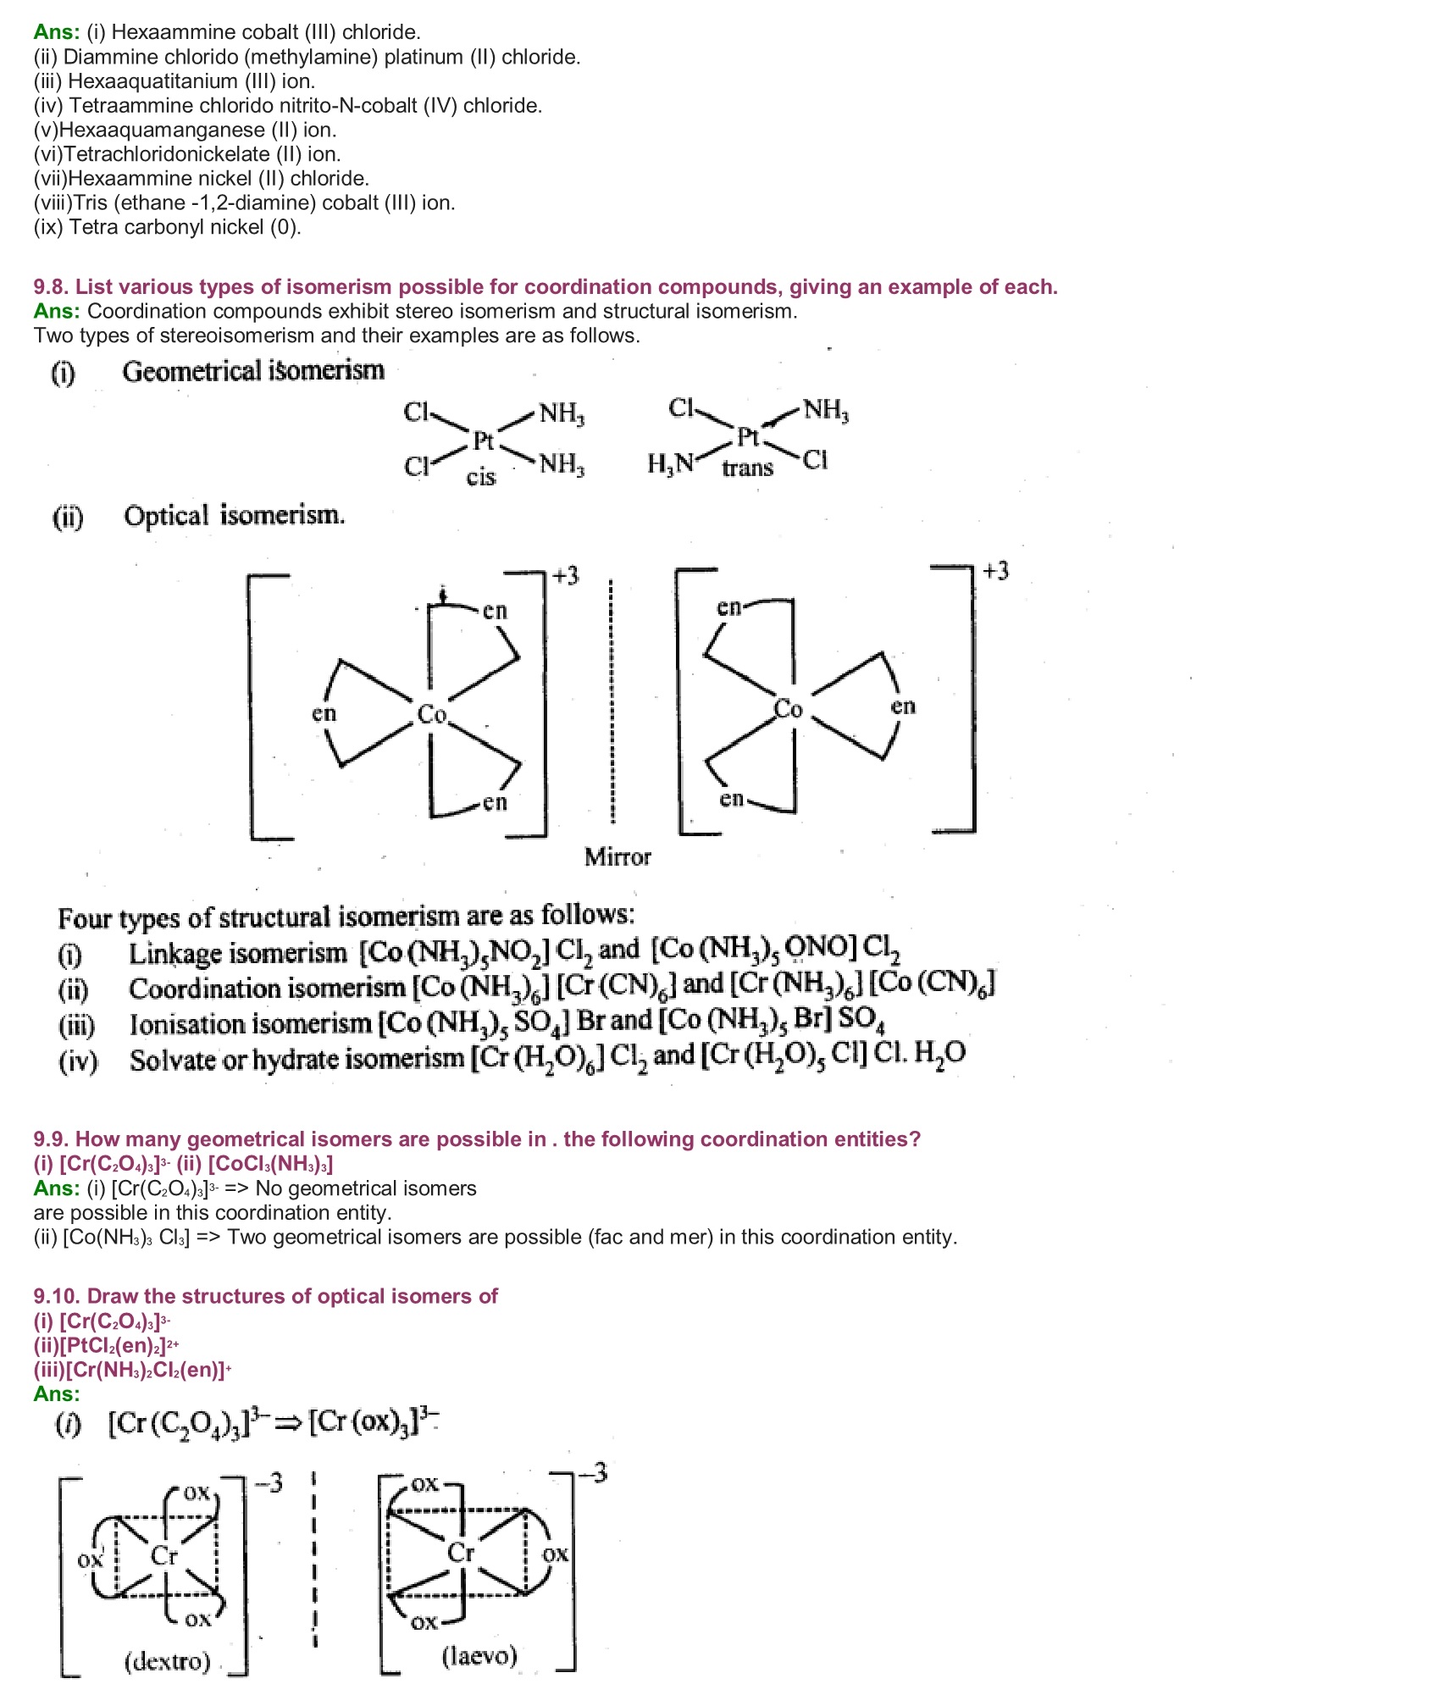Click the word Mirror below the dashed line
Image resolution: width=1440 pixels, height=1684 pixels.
pyautogui.click(x=618, y=856)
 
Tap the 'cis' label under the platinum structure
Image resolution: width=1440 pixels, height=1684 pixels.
pyautogui.click(x=480, y=477)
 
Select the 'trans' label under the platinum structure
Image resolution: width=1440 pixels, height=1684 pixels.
pyautogui.click(x=747, y=468)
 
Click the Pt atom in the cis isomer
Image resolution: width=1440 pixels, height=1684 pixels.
pyautogui.click(x=483, y=440)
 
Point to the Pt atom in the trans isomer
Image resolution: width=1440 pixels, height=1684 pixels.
pyautogui.click(x=748, y=437)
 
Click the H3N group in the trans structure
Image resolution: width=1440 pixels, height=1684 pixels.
pyautogui.click(x=670, y=463)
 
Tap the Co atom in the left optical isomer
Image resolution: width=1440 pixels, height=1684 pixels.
pyautogui.click(x=431, y=714)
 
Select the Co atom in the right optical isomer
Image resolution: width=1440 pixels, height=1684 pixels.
pyautogui.click(x=789, y=708)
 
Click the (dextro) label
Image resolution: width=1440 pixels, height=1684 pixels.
pyautogui.click(x=167, y=1660)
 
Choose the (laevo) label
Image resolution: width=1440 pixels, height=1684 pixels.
pyautogui.click(x=479, y=1655)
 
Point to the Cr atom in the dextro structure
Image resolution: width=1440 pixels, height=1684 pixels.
pyautogui.click(x=164, y=1555)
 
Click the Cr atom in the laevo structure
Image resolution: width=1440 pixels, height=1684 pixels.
pyautogui.click(x=461, y=1552)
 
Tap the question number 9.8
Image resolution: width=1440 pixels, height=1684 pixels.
pyautogui.click(x=51, y=287)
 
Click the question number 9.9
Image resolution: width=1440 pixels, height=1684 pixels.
pyautogui.click(x=51, y=1139)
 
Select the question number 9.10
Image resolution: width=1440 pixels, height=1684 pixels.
pyautogui.click(x=57, y=1297)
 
